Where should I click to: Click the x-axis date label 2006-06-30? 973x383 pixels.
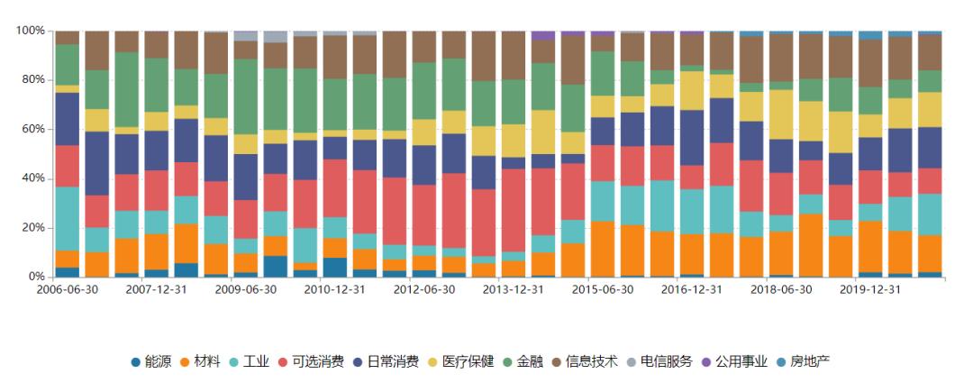(68, 290)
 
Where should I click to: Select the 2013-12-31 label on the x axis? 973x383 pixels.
(514, 290)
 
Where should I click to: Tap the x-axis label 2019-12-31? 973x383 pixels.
(870, 290)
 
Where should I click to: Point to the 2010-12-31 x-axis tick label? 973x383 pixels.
(335, 290)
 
